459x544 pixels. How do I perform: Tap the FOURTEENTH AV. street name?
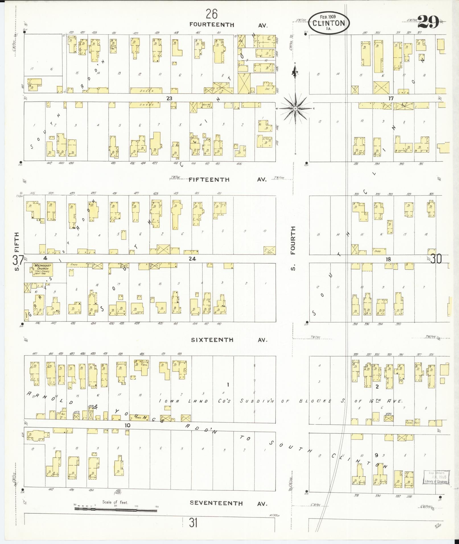229,25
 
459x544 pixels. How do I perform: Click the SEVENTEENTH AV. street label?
229,503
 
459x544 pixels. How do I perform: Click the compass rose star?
295,109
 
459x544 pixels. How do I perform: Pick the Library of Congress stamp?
436,477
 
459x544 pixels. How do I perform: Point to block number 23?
170,98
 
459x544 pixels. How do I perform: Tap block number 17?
391,98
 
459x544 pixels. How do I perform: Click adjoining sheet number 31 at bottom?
193,522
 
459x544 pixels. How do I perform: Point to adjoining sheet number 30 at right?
436,259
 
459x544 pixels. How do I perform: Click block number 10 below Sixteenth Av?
127,425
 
